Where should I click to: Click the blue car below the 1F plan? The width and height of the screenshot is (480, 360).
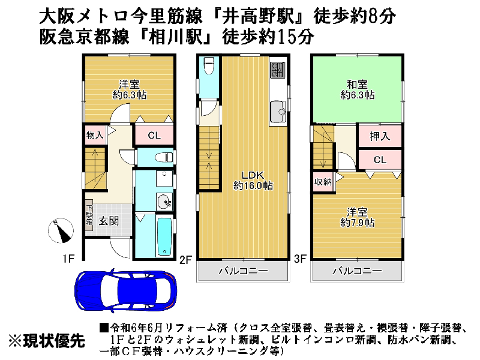point(125,291)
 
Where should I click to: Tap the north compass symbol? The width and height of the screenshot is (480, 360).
point(61,231)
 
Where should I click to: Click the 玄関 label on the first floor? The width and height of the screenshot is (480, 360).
point(109,221)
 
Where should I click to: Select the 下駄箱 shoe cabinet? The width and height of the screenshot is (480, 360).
point(89,213)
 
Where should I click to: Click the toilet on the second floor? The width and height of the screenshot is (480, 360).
point(209,65)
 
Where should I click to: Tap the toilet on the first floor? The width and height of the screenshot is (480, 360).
point(163,158)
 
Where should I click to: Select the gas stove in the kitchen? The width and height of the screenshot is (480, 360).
point(277,70)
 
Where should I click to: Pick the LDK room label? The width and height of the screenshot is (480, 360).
point(253,181)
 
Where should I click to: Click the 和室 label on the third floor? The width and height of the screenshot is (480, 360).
point(357,83)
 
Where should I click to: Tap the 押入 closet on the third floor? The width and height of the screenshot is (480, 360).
point(380,136)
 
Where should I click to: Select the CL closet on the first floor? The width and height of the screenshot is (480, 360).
point(154,135)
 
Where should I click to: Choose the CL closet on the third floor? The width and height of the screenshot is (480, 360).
point(380,160)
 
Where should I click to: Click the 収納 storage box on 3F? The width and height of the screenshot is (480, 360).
point(323,182)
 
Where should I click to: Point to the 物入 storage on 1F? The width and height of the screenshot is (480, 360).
point(95,134)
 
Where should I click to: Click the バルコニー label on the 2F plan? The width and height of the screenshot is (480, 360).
point(244,271)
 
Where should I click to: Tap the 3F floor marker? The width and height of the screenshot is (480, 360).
point(300,259)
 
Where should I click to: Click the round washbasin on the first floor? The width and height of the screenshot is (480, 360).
point(164,202)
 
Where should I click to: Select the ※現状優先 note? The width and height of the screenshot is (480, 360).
point(47,340)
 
